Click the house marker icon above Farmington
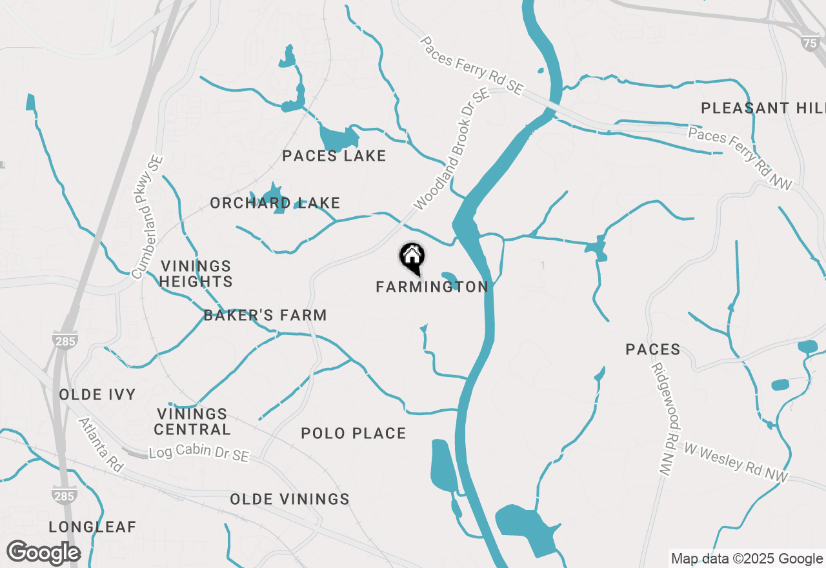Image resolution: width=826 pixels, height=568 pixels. coord(412,257)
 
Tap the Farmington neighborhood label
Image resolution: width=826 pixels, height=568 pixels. coord(432,287)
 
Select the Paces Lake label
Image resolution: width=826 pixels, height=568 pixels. coord(334,156)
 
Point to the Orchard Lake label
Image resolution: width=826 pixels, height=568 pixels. coord(275,203)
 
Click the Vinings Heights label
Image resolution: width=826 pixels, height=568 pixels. coord(196,274)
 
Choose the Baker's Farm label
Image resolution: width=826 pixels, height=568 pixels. coord(265,315)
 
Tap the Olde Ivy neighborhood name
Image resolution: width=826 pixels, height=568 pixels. coord(97,394)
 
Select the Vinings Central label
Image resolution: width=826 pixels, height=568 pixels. coord(192,421)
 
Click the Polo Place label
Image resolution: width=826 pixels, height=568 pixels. coord(354,433)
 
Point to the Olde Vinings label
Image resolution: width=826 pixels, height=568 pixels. coord(290,499)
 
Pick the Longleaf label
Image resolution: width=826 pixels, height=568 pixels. coord(93,527)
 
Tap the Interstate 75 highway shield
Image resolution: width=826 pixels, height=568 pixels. coord(811,43)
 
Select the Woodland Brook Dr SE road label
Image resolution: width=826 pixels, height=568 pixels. coord(452,149)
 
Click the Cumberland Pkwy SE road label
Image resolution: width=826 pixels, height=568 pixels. coord(148,217)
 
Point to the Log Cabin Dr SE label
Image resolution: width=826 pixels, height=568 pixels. coord(199,453)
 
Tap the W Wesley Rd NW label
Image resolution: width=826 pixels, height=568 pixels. coord(736,461)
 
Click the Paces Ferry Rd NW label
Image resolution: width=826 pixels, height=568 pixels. coord(740,158)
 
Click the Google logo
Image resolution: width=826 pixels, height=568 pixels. coord(44,553)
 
